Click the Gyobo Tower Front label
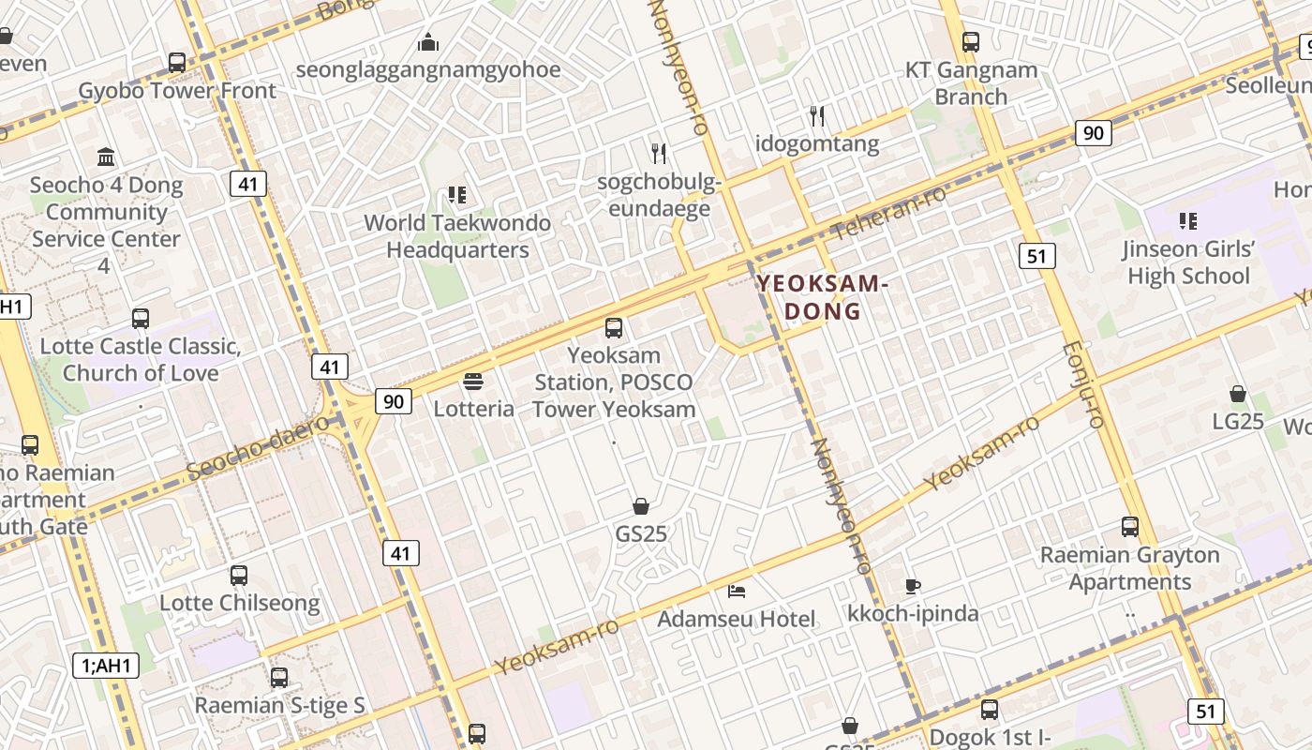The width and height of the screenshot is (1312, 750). (x=177, y=91)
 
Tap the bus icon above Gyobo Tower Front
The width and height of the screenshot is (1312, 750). (x=177, y=63)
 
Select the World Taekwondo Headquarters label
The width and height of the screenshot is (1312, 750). (x=457, y=236)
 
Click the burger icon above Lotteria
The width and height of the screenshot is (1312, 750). (x=473, y=382)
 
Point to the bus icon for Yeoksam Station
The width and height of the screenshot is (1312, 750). (x=614, y=328)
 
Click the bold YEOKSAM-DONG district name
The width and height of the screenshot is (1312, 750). (x=822, y=296)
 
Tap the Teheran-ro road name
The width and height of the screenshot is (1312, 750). (x=888, y=213)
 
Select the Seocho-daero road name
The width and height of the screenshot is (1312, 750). (x=259, y=448)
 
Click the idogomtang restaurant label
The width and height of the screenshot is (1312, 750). (x=817, y=143)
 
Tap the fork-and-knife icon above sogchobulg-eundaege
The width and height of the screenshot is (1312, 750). (x=659, y=153)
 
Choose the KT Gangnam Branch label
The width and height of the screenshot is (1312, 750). (x=971, y=82)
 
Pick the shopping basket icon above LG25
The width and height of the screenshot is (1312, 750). (x=1238, y=394)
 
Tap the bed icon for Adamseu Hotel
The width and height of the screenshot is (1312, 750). (x=738, y=592)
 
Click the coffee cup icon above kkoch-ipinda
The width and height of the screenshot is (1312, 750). (x=912, y=587)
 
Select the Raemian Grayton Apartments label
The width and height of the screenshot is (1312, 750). (x=1129, y=568)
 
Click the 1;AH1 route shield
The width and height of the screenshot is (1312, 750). (x=105, y=666)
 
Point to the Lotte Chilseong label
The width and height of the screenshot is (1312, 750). (x=239, y=603)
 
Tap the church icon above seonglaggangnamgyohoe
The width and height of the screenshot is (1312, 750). (x=428, y=42)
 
